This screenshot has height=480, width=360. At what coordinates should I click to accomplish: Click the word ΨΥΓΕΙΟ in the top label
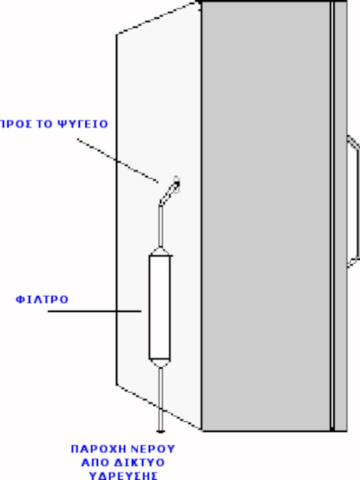tap(83, 124)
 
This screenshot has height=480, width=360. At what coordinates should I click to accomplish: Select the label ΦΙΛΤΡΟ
tap(42, 299)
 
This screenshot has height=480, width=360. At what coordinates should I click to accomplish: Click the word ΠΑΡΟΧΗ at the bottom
tap(99, 449)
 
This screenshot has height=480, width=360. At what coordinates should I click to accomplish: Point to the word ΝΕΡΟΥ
tap(153, 449)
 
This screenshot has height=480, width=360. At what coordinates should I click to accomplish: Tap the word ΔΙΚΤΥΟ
tap(139, 462)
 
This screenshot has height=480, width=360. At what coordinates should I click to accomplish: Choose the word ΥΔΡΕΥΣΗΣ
tap(123, 475)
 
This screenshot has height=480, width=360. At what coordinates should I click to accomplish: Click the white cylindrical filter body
tap(159, 307)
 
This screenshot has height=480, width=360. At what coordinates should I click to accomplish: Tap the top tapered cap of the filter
tap(160, 251)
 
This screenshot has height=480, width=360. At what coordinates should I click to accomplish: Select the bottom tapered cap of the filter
tap(160, 363)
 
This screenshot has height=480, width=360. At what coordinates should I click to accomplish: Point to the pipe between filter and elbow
tap(161, 227)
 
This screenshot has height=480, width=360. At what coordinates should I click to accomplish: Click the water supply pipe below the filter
tap(161, 399)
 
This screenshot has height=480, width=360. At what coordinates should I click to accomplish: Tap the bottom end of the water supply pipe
tap(161, 432)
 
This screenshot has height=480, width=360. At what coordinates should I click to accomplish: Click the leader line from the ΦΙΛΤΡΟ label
tap(94, 311)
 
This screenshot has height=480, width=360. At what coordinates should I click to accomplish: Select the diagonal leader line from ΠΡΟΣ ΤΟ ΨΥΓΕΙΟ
tap(118, 161)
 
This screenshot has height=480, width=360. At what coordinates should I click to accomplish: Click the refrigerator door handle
tap(353, 201)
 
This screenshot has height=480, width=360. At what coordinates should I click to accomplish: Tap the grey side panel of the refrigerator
tap(266, 216)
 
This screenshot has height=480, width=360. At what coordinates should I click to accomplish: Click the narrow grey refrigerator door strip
tap(341, 216)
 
